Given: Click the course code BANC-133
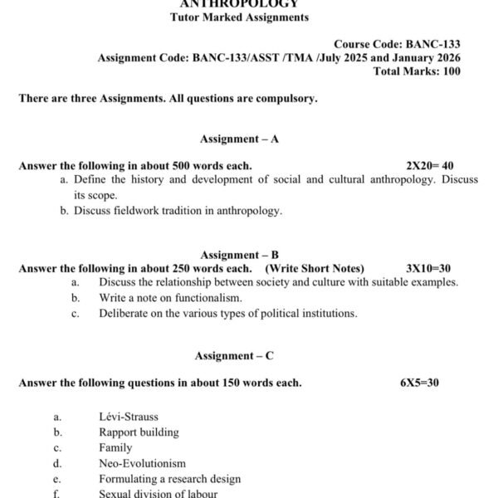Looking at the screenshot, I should [x=432, y=44].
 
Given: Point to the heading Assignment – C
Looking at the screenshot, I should [x=234, y=355].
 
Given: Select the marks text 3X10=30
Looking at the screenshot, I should [x=428, y=268].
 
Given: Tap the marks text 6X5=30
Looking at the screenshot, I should [x=419, y=383].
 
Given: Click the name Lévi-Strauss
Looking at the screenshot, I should [x=129, y=417].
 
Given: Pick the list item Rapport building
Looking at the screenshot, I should [x=139, y=432].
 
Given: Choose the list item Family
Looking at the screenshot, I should [x=115, y=448].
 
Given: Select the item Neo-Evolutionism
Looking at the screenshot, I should [x=142, y=463].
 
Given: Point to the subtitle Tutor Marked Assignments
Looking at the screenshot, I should [x=239, y=17].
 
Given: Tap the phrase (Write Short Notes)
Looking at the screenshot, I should [x=315, y=268].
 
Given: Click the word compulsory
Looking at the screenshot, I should [x=287, y=99].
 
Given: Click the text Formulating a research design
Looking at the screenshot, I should [x=169, y=479].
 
